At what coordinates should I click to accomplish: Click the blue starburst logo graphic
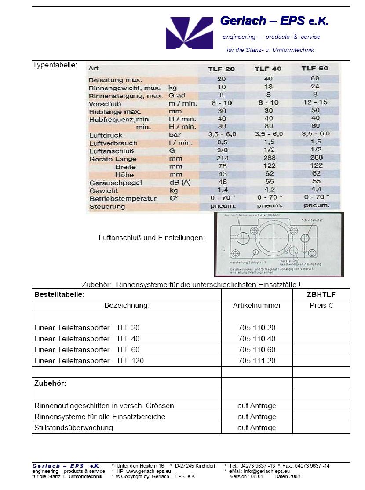click(189, 33)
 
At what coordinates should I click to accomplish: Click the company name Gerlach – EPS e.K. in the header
click(274, 21)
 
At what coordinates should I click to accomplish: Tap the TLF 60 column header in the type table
click(315, 68)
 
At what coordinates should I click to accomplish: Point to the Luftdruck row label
click(106, 135)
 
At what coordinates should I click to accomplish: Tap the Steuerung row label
click(107, 207)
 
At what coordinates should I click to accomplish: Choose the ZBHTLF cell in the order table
click(321, 295)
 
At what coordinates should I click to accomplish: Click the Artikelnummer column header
click(257, 305)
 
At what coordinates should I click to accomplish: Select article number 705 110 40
click(257, 339)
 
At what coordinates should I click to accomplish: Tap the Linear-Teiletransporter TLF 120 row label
click(89, 361)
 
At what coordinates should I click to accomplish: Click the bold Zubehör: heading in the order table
click(50, 383)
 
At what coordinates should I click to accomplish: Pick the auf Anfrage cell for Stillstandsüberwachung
click(257, 428)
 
